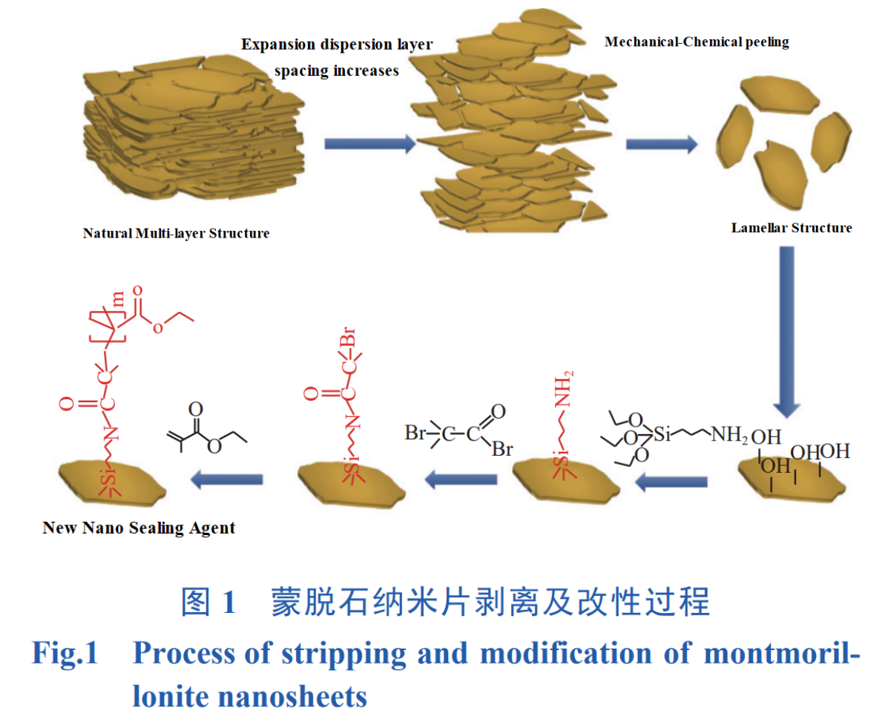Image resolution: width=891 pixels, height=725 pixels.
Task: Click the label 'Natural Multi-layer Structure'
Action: point(176,234)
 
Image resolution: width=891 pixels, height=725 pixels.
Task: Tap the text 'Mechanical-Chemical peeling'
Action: point(697,42)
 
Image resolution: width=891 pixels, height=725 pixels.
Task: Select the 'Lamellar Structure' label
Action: point(792,228)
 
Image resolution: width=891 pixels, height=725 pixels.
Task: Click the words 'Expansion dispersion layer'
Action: point(337,45)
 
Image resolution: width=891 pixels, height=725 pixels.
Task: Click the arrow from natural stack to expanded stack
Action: point(369,143)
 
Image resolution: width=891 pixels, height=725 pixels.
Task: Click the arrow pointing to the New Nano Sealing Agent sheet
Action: point(227,481)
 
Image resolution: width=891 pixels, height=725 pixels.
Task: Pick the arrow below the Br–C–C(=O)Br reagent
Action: point(460,481)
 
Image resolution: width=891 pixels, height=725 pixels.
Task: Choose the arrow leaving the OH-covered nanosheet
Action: point(671,483)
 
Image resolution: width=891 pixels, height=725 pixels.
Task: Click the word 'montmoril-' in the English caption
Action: point(780,654)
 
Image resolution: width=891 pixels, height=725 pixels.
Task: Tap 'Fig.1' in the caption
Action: point(65,654)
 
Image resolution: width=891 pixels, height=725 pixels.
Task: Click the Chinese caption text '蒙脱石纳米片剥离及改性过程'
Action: point(490,603)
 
